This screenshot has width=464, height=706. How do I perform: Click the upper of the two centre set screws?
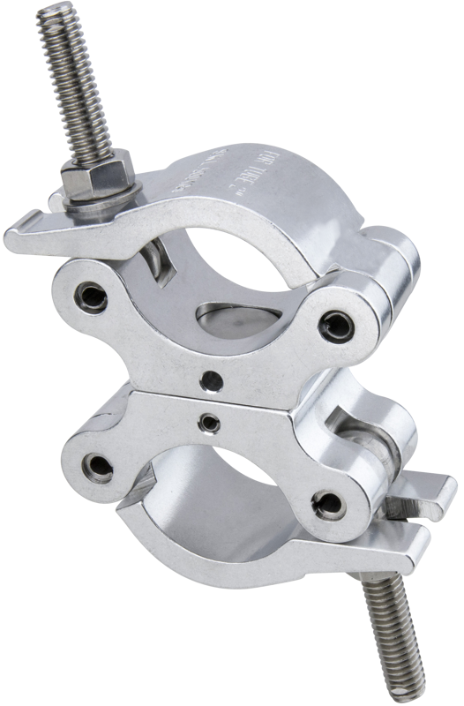coord(210,379)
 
